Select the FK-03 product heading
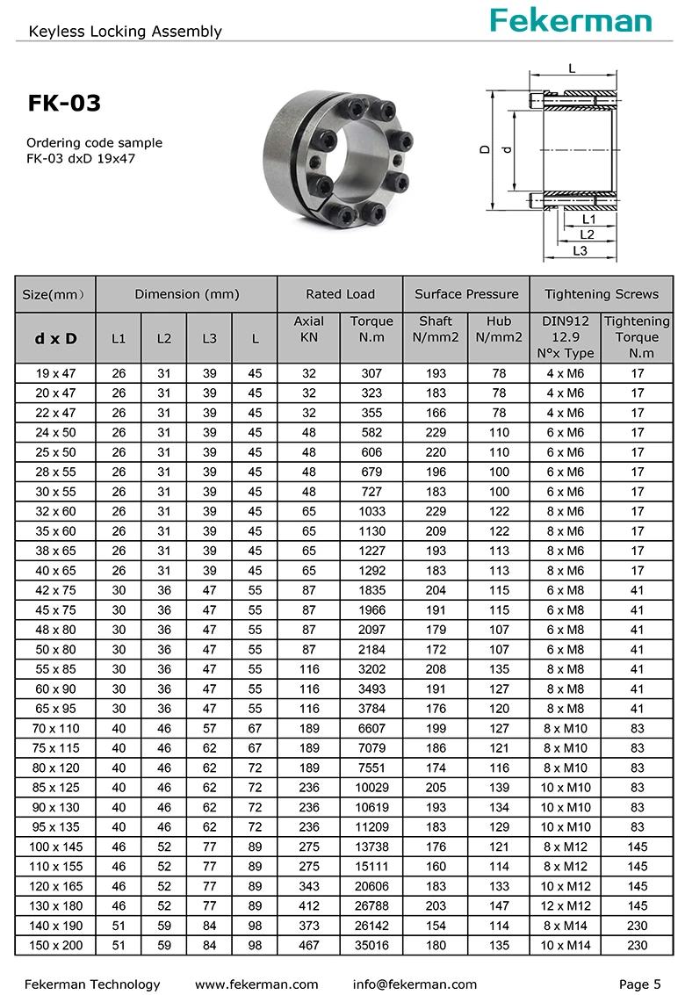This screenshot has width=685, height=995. [64, 104]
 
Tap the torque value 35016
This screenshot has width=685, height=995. [371, 945]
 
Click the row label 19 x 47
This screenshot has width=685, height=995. [55, 373]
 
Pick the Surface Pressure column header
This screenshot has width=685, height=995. [466, 294]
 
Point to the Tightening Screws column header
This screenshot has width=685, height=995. [601, 294]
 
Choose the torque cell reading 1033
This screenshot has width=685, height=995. [371, 511]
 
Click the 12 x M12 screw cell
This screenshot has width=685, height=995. [566, 905]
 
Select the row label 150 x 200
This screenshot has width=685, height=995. [55, 945]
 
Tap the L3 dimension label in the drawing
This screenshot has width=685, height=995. [580, 250]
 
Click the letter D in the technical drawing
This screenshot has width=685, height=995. [484, 149]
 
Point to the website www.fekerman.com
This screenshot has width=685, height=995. [256, 984]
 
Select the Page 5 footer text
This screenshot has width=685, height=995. [639, 984]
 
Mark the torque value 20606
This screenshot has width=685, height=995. [371, 886]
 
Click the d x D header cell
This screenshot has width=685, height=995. [55, 338]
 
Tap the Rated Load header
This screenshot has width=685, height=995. [340, 294]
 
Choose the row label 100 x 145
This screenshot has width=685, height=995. [55, 847]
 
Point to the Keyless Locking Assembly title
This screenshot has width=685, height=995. [126, 32]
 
